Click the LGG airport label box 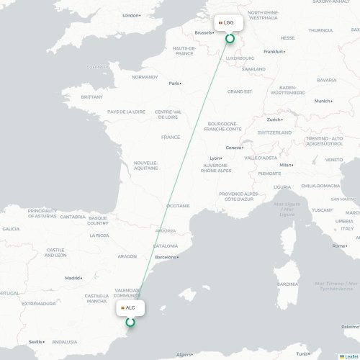tap(227, 22)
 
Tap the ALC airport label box tap(130, 307)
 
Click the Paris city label tap(174, 83)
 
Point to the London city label tap(131, 15)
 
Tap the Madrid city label tap(73, 277)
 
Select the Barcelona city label tap(166, 256)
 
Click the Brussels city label tap(204, 32)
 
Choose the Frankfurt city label tap(274, 52)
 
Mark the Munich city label tap(322, 101)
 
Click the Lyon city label tap(215, 158)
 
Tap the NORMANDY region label tap(144, 77)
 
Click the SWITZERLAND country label tap(274, 133)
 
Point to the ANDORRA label tap(166, 231)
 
